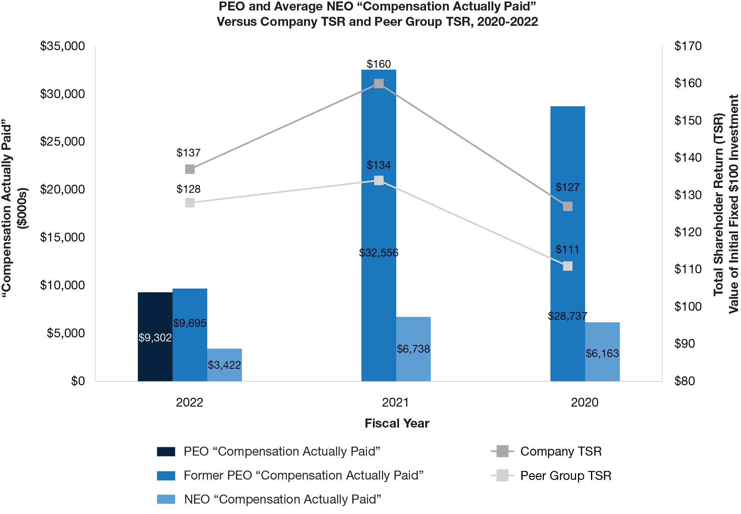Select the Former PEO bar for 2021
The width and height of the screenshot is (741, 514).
pos(379,225)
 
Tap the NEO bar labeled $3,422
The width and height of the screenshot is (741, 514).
pos(224,365)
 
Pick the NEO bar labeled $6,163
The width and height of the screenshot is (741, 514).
pos(602,352)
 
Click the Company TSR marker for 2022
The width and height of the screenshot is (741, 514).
pos(190,169)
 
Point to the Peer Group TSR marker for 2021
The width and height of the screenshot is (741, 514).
pos(379,180)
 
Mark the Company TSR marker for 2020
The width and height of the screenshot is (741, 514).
pos(568,206)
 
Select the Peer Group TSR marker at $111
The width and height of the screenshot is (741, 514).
pos(568,266)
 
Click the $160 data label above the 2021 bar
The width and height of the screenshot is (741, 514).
pos(379,64)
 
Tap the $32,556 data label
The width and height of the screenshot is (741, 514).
pos(379,253)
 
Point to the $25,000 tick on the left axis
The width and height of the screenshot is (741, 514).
pos(62,142)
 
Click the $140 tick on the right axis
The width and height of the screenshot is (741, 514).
pos(688,158)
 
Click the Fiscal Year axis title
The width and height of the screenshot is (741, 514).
pos(397,423)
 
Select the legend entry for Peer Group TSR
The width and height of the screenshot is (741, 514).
pos(566,475)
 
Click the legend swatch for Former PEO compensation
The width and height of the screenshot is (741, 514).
pos(166,475)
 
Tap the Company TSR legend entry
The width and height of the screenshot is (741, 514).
pos(561,451)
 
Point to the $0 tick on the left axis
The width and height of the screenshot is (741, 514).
pos(78,381)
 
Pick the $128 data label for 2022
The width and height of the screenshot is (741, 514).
pos(189,189)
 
